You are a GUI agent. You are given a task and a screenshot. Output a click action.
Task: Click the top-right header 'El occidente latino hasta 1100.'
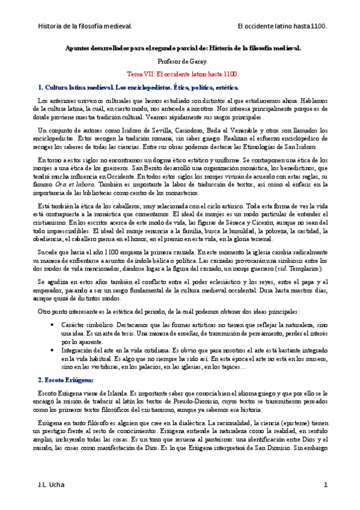click(x=282, y=26)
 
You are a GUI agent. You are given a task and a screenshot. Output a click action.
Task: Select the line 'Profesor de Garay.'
click(x=180, y=61)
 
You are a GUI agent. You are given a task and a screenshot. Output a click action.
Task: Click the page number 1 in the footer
click(x=325, y=485)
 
